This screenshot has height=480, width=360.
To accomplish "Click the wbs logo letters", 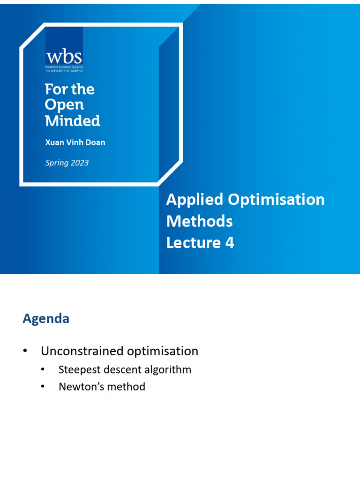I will (64, 57).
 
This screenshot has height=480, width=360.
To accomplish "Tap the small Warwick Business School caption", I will (64, 68).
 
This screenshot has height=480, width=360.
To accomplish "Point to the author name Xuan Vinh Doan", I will (75, 142).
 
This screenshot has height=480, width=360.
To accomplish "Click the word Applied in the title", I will (195, 200).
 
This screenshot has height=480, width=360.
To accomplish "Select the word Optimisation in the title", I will (276, 200).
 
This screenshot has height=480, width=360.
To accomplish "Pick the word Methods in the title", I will (199, 221).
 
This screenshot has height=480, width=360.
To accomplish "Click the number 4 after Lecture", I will (229, 242).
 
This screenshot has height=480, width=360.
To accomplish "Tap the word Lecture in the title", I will (193, 242).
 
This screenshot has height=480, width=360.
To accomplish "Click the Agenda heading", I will (46, 319).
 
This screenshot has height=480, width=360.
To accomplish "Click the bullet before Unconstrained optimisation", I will (25, 351).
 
